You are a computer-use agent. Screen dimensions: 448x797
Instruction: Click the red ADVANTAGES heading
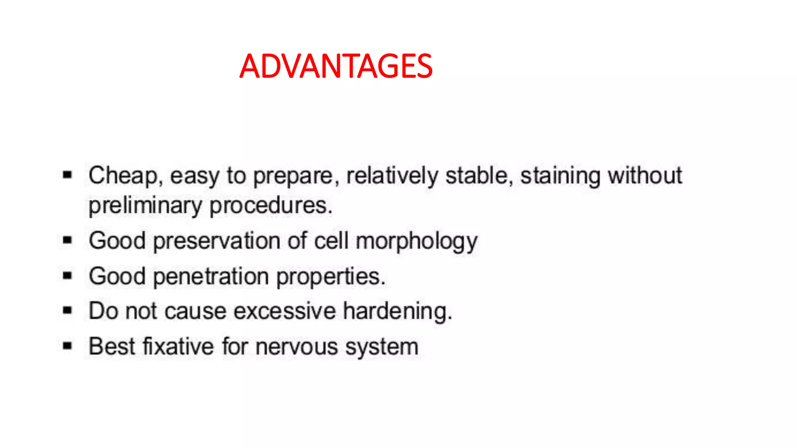pos(336,66)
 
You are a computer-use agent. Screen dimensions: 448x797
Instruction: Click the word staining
pos(560,176)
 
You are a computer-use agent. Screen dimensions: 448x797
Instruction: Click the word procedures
pos(271,206)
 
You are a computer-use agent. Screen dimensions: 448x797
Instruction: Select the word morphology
pos(416,241)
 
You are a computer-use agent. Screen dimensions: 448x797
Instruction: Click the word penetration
pos(211,276)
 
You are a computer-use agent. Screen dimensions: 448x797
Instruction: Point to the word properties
pos(331,276)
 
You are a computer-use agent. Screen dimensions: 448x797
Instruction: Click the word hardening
pos(397,311)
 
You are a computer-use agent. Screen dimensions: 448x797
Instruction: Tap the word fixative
pos(179,346)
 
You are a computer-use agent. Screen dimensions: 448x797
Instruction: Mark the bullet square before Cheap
pos(68,175)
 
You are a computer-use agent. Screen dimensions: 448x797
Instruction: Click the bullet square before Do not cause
pos(68,310)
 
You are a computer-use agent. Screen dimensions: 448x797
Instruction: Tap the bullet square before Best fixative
pos(68,346)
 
